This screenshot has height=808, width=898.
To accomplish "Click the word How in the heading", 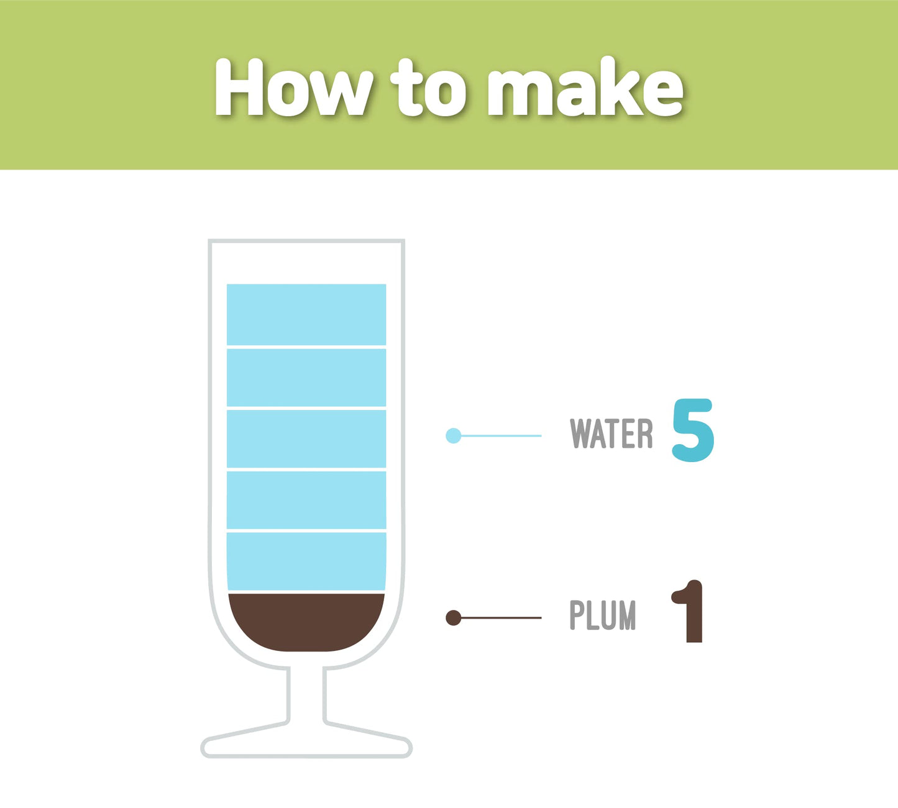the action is click(x=294, y=87).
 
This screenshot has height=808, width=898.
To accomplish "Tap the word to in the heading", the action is click(x=428, y=87).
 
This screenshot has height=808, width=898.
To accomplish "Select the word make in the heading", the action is click(x=585, y=86).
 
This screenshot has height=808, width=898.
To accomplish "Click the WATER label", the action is click(x=611, y=433).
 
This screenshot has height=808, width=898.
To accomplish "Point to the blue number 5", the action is click(x=693, y=430).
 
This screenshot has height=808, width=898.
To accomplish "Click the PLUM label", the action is click(x=603, y=615).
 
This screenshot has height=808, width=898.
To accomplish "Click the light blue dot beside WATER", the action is click(x=454, y=435).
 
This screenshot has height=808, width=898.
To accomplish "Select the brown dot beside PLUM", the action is click(x=454, y=618).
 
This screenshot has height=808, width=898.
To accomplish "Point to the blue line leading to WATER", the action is click(x=502, y=435).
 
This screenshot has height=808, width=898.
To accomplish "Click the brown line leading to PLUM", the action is click(x=502, y=618).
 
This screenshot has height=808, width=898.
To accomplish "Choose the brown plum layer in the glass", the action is click(x=306, y=622).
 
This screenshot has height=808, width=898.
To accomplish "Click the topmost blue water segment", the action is click(x=306, y=314).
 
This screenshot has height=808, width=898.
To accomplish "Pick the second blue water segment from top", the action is click(x=306, y=378).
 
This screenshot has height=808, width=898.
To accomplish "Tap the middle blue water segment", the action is click(x=306, y=439).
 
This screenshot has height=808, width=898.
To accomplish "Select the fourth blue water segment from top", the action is click(x=306, y=500).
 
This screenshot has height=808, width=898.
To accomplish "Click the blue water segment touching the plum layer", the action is click(x=306, y=561).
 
